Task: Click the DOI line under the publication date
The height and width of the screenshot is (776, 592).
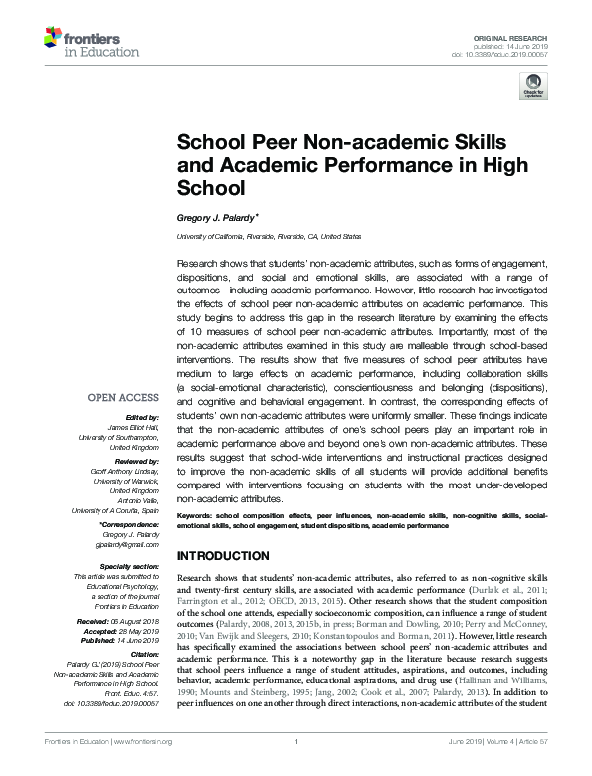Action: coord(516,54)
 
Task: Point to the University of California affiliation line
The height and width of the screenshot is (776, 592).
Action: coord(269,237)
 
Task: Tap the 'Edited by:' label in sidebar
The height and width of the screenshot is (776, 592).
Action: coord(143,417)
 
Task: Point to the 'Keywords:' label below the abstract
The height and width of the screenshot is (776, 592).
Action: coord(195,517)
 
